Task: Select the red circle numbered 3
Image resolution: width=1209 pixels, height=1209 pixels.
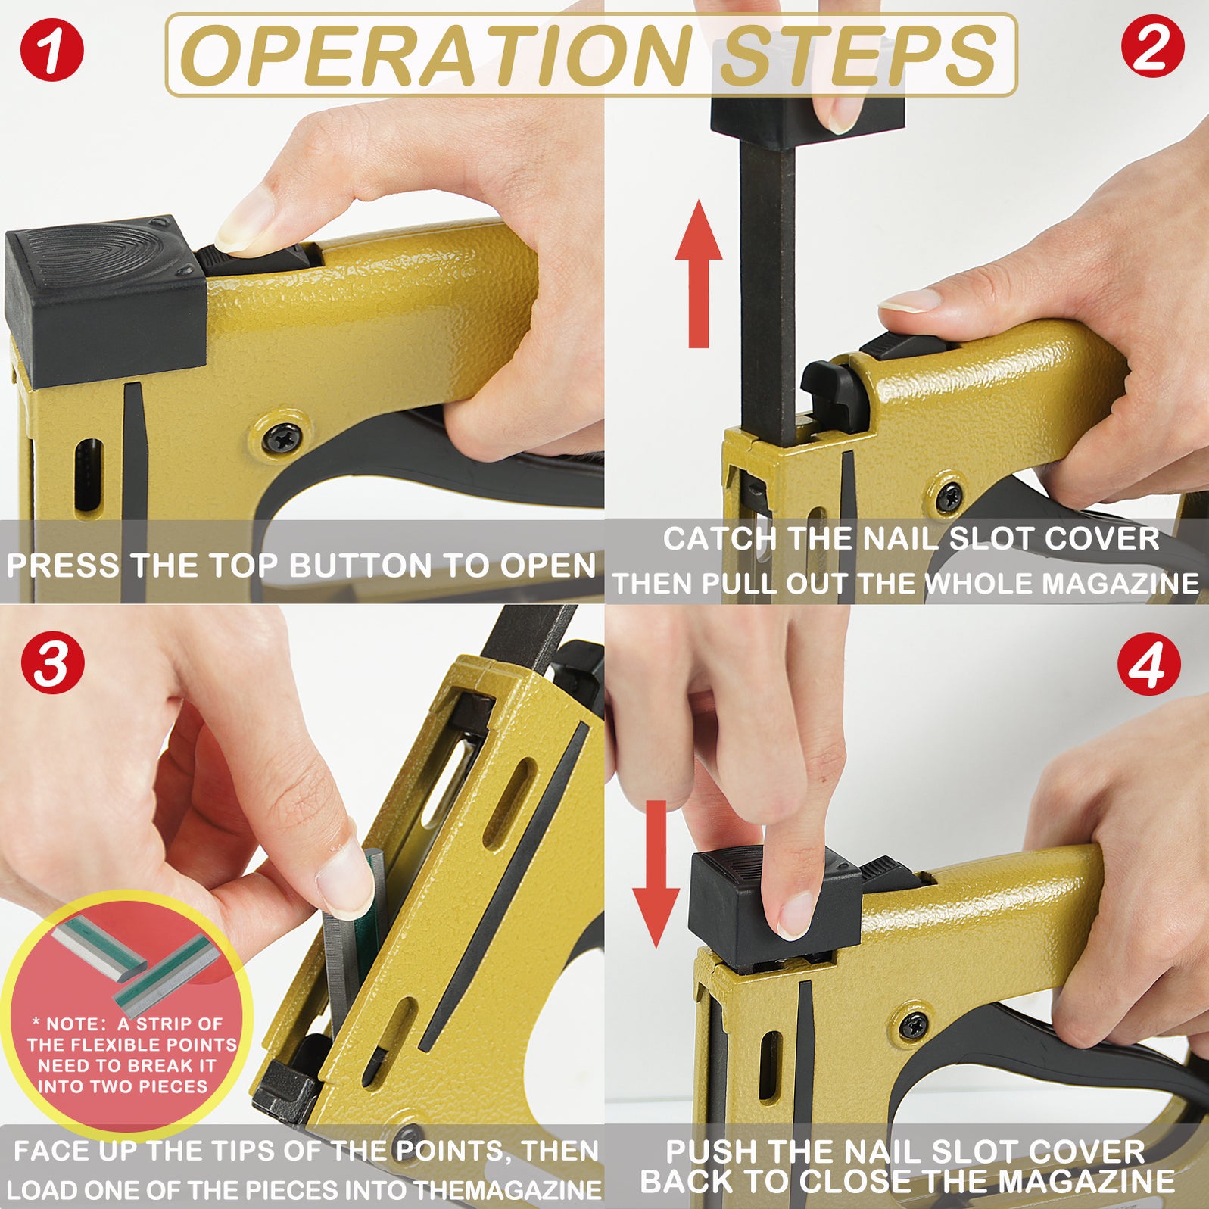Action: pos(52,662)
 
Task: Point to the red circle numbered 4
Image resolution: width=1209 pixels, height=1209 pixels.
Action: pos(1148,664)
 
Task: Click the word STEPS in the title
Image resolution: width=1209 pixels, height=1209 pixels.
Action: pos(857,56)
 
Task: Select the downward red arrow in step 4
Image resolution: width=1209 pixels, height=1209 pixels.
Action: pos(656,873)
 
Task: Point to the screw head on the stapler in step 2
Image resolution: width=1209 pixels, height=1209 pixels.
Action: pos(949,497)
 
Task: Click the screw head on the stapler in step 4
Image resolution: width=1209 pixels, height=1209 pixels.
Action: pos(914,1025)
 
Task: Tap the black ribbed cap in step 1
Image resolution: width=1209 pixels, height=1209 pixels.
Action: pos(104,299)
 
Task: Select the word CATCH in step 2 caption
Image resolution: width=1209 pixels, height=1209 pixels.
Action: pos(719,539)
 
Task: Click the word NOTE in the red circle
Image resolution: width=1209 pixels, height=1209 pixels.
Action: pos(77,1024)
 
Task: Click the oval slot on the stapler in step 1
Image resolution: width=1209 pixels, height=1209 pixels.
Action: pos(88,475)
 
